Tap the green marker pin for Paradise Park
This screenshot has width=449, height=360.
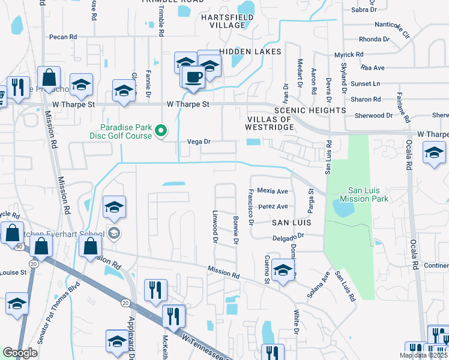[161, 130]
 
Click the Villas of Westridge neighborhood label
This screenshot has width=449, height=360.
[268, 123]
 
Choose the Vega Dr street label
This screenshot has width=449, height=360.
[199, 142]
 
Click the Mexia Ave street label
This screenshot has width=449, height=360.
[273, 191]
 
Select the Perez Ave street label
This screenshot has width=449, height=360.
[273, 206]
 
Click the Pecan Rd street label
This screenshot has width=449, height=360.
[64, 37]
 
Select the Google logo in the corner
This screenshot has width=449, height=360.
[20, 353]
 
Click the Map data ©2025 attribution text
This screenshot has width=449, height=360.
[422, 355]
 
